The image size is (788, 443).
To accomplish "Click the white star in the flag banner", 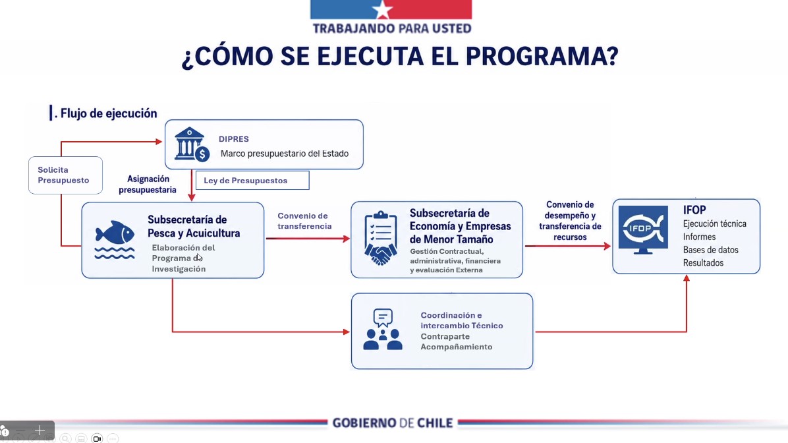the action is pos(382,9).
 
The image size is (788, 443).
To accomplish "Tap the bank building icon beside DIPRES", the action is pos(192,144).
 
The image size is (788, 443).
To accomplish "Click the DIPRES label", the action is pos(234,139).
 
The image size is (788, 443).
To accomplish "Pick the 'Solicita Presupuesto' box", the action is pos(65,175).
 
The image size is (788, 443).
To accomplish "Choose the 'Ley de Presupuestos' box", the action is pos(252,181).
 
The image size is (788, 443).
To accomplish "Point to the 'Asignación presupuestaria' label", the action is pos(148,184).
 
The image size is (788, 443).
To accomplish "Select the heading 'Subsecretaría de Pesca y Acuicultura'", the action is pos(194,226).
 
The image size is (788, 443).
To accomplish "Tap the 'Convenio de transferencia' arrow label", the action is pos(304,221).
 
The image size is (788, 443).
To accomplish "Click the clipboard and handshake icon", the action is pos(380,238).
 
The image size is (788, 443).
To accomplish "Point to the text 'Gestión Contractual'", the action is pos(447,251).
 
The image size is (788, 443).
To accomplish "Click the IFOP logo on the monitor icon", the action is pos(643,229).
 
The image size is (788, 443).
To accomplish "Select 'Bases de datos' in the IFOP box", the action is pos(711,250).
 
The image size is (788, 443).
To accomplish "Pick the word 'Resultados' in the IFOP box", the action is pos(703,263).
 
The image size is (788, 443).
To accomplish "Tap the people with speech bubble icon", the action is pos(383,330).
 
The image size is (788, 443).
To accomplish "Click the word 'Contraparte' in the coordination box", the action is pos(445,336).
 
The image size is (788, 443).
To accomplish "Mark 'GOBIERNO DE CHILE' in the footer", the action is pos(393,423).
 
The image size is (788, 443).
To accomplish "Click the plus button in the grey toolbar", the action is pos(40,430).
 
